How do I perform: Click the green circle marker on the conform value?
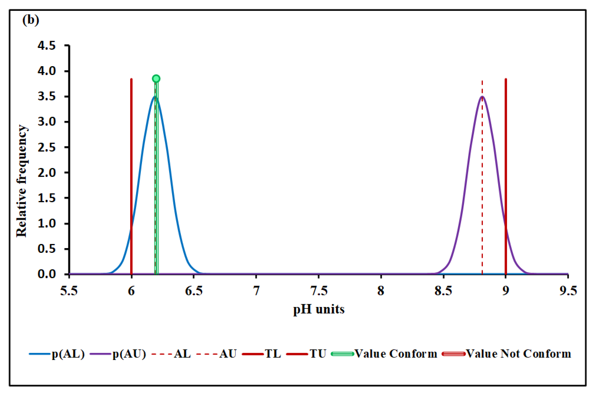(156, 79)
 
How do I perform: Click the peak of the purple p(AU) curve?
(482, 97)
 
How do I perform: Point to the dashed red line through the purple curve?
(482, 176)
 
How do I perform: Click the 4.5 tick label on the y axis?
(46, 46)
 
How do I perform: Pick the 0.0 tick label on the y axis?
(46, 274)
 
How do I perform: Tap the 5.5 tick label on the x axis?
(69, 291)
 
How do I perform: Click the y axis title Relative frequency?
(21, 181)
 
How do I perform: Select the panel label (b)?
(31, 20)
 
